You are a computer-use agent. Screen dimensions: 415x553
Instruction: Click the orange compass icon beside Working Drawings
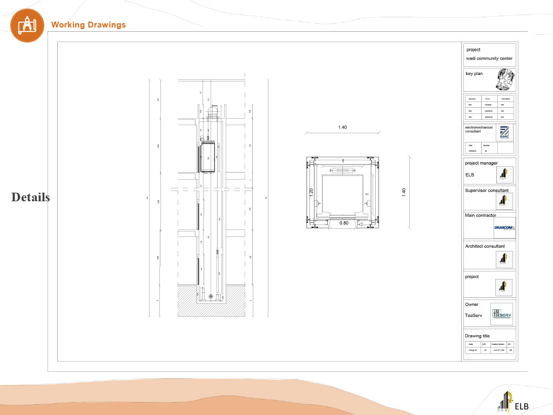point(27,25)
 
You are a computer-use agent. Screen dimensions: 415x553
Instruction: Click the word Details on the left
point(30,198)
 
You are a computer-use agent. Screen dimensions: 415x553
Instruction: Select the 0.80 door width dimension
point(343,222)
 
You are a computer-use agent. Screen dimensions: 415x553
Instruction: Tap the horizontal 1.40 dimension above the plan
point(342,127)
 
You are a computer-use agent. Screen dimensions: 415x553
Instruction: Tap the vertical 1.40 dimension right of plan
point(403,193)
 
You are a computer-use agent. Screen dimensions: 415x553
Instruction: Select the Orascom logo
point(504,228)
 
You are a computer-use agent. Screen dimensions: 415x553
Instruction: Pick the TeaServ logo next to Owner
point(502,314)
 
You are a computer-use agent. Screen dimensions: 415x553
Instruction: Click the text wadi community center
point(489,59)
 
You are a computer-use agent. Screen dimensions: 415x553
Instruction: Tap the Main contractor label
point(480,215)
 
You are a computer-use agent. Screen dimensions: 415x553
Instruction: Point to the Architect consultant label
point(484,246)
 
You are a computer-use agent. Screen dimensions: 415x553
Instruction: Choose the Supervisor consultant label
point(486,191)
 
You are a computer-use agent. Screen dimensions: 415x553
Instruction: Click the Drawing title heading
point(477,336)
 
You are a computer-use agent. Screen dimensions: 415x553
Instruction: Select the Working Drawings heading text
point(88,25)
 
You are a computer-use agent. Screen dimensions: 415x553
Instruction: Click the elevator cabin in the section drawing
point(208,158)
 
